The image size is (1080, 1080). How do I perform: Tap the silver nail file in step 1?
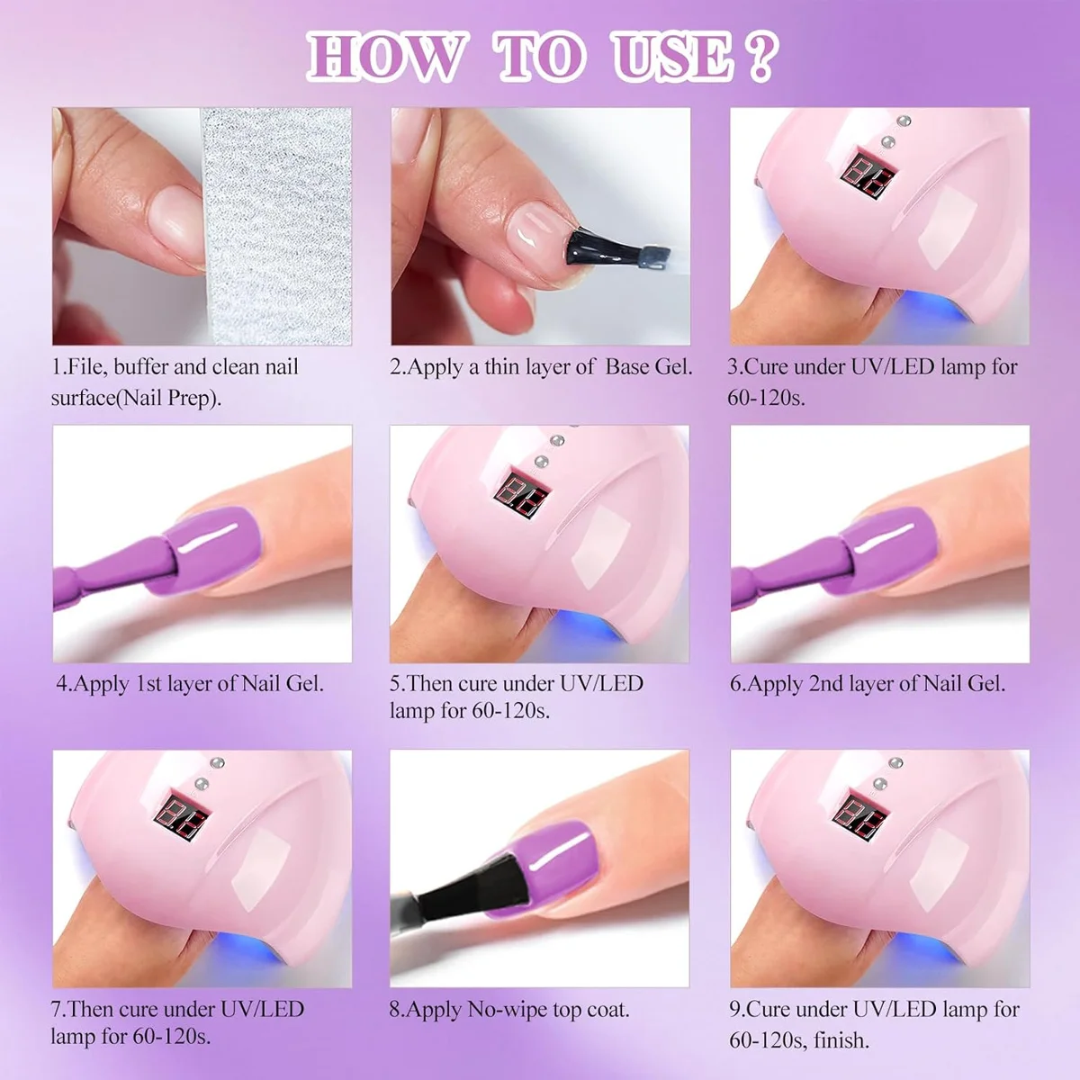(274, 225)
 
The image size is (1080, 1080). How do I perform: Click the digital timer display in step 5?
(521, 492)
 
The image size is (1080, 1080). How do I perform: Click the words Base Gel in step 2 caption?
(649, 367)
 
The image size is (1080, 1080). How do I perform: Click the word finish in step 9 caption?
(841, 1040)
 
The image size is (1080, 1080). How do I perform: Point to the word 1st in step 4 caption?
(148, 684)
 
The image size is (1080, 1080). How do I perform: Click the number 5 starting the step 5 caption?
(395, 684)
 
